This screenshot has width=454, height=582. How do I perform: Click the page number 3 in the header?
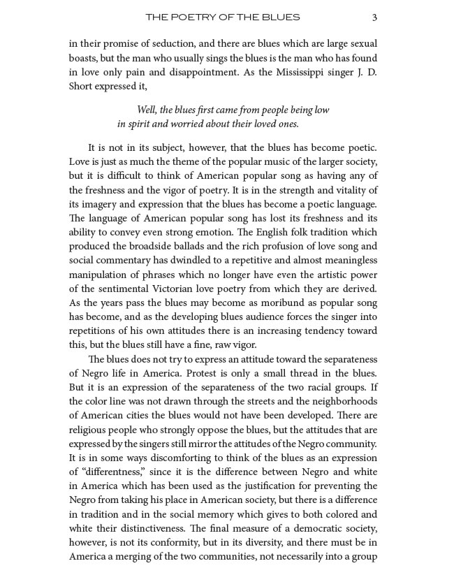pos(375,17)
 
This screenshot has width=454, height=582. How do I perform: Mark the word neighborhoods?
pos(341,402)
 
